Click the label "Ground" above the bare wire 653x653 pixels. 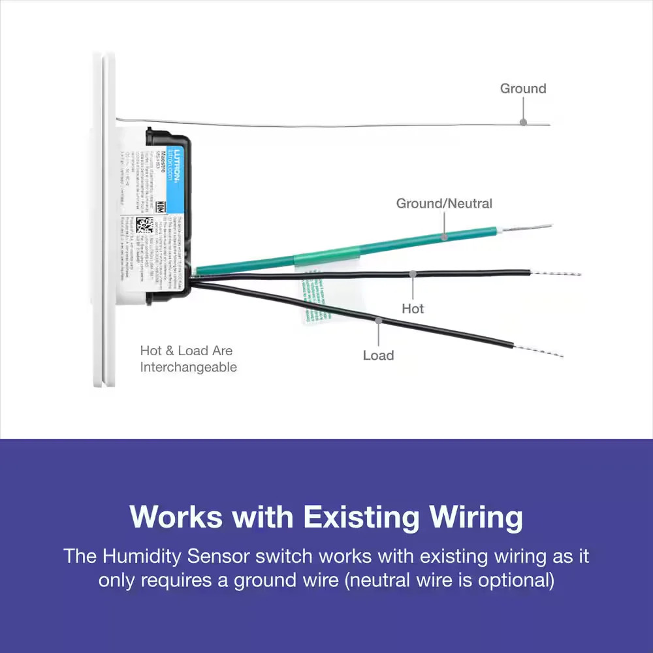[522, 88]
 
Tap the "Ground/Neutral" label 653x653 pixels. [444, 203]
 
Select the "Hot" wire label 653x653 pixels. [413, 308]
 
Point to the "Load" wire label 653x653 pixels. [378, 355]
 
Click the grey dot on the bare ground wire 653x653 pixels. [522, 122]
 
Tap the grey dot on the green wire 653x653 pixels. [444, 236]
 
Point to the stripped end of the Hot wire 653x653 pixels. [556, 273]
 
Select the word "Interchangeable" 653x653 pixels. [188, 368]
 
